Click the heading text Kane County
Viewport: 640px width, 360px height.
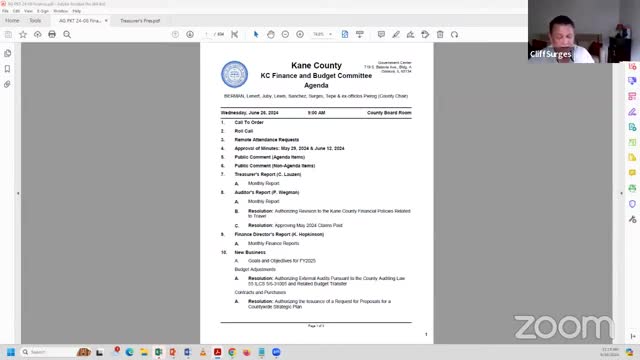click(316, 65)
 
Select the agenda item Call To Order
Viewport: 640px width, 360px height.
click(249, 122)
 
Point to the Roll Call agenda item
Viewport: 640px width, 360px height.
click(244, 130)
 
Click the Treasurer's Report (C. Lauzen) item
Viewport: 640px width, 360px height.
click(273, 174)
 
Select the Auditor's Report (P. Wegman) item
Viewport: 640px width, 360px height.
click(272, 192)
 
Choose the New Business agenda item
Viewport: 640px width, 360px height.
click(250, 252)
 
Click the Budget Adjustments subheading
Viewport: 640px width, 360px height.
click(255, 269)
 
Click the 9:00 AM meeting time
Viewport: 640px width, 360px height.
click(316, 113)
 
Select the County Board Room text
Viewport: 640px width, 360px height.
click(389, 113)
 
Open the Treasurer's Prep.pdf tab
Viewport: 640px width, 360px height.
click(140, 20)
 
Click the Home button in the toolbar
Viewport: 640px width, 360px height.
click(12, 20)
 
